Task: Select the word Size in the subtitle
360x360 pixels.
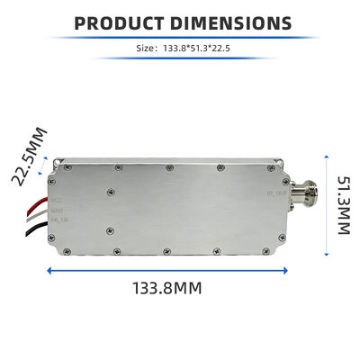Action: pos(146,51)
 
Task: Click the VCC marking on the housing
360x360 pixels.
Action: pos(56,200)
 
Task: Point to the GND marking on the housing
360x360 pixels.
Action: pos(56,209)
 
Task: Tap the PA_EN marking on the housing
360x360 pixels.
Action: pos(58,218)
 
